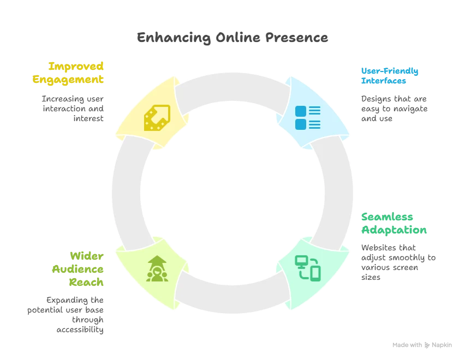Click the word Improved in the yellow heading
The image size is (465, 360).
[x=76, y=66]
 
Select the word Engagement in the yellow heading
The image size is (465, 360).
[x=68, y=79]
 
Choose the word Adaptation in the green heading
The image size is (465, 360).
[x=394, y=230]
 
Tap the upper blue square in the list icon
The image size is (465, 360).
[x=301, y=111]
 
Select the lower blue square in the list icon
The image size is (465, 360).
[x=301, y=124]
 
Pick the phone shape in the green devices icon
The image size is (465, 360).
[x=315, y=273]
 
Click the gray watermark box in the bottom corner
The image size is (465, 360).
[x=423, y=345]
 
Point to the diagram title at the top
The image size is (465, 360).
[x=233, y=38]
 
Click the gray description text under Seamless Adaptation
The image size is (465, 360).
[x=396, y=263]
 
